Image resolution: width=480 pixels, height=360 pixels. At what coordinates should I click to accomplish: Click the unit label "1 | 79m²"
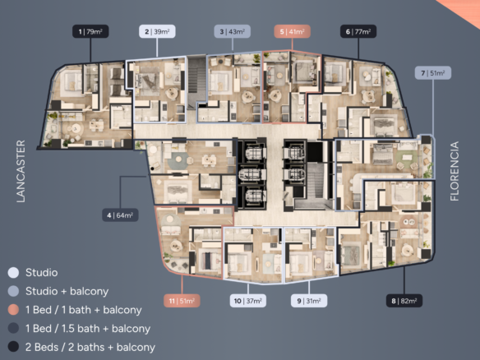(x=90, y=31)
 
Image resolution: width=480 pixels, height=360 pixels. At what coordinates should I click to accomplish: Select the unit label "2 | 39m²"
(x=157, y=31)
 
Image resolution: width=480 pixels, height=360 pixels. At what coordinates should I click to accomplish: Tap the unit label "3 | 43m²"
(x=232, y=31)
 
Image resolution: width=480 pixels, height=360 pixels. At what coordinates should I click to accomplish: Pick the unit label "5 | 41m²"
(x=292, y=31)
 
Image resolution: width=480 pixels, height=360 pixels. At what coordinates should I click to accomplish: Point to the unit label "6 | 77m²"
(x=358, y=31)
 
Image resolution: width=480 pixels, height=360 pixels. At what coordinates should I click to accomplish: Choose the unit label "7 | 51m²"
(x=433, y=73)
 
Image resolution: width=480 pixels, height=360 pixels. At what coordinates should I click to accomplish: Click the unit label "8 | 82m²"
(x=404, y=301)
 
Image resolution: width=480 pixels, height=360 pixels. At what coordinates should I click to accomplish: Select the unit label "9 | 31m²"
(x=309, y=301)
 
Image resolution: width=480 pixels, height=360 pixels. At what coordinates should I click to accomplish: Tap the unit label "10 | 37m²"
(x=248, y=301)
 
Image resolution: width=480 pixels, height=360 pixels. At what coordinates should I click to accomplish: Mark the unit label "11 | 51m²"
(x=182, y=301)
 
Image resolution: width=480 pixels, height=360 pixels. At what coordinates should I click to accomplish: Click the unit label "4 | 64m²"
(x=120, y=215)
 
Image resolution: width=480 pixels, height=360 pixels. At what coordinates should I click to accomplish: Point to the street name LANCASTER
(x=21, y=171)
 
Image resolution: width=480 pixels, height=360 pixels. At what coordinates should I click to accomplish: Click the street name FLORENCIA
(x=455, y=171)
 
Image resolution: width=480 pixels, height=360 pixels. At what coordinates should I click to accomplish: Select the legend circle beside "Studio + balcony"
(x=13, y=291)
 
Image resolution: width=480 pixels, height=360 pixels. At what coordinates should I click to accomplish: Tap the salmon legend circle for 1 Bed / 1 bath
(x=13, y=310)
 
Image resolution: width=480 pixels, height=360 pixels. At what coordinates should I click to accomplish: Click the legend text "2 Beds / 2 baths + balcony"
(x=90, y=348)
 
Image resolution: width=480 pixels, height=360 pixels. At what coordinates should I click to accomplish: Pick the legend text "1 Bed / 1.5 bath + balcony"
(x=88, y=329)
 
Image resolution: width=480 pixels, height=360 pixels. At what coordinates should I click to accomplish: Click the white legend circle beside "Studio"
(x=13, y=272)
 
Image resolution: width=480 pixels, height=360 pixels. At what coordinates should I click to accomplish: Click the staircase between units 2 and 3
(x=196, y=82)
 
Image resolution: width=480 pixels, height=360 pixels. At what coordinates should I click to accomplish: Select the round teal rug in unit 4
(x=177, y=160)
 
